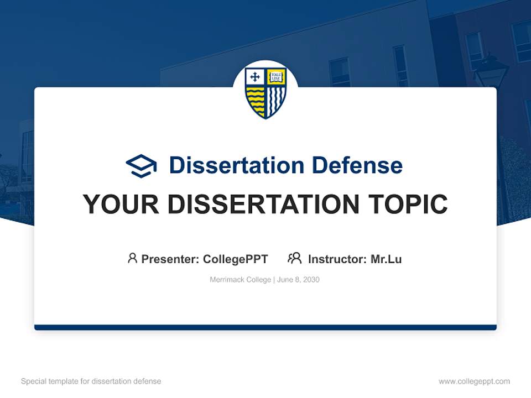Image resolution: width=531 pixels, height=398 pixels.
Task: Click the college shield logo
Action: click(x=265, y=92)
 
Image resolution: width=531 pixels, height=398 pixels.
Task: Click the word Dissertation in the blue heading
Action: click(x=236, y=165)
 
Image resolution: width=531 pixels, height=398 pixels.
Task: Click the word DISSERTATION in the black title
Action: click(x=263, y=205)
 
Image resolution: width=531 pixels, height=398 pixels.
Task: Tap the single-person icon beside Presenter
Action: click(x=132, y=258)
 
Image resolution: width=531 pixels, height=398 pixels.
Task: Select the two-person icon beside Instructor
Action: click(x=294, y=258)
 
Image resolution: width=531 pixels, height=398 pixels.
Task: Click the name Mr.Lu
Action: click(x=386, y=259)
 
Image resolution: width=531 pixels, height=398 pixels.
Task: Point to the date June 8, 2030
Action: click(x=298, y=280)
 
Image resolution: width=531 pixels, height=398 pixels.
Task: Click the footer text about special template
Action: click(x=91, y=381)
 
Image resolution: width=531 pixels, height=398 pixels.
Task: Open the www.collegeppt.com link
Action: click(x=474, y=381)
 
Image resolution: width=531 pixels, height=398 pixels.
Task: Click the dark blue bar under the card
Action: click(x=265, y=327)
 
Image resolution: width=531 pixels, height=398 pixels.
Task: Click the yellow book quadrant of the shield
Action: click(x=275, y=77)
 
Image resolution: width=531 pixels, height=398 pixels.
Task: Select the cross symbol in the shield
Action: click(x=255, y=77)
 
